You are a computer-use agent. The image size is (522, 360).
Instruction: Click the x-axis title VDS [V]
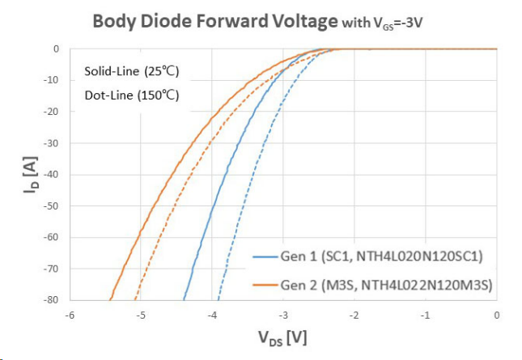tap(283, 336)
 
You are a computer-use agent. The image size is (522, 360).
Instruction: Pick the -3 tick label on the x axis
tap(282, 315)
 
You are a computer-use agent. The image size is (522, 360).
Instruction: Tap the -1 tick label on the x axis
tap(425, 315)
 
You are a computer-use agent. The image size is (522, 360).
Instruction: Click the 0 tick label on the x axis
tap(496, 315)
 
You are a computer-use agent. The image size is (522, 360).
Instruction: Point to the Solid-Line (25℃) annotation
tap(131, 71)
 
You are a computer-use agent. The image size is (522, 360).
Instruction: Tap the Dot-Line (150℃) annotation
tap(131, 95)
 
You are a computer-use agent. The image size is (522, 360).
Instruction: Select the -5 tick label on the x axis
tap(141, 315)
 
